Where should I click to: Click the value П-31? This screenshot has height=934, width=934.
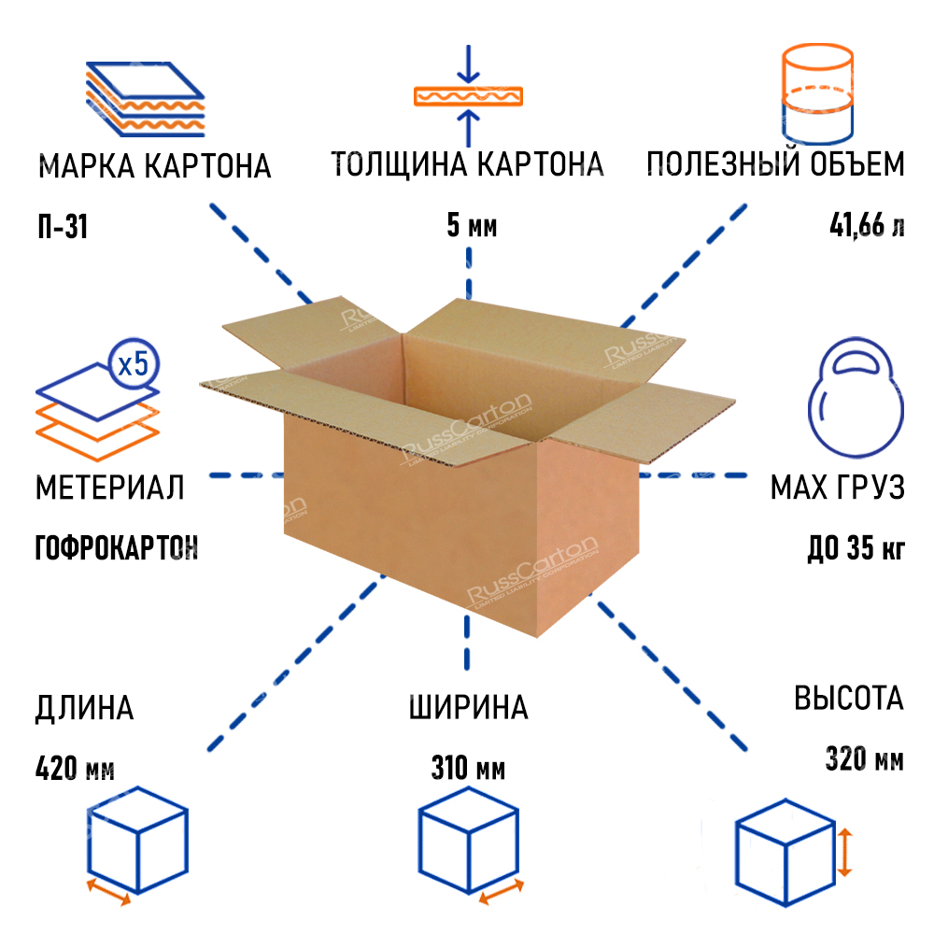pyautogui.click(x=62, y=227)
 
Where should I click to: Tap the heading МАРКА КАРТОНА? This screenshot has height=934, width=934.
pyautogui.click(x=154, y=166)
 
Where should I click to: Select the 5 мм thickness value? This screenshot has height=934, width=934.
pyautogui.click(x=467, y=227)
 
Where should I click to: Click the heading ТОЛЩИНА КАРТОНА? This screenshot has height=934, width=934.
pyautogui.click(x=467, y=164)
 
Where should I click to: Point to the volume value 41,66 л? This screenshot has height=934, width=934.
pyautogui.click(x=866, y=226)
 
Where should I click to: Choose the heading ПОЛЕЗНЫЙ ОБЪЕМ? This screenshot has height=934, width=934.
pyautogui.click(x=775, y=164)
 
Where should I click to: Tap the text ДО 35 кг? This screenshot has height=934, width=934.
pyautogui.click(x=856, y=547)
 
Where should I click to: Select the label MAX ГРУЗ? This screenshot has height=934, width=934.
pyautogui.click(x=837, y=487)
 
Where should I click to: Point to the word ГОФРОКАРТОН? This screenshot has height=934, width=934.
pyautogui.click(x=117, y=547)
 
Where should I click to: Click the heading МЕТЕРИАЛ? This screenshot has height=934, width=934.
pyautogui.click(x=109, y=487)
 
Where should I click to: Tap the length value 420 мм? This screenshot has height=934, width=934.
pyautogui.click(x=75, y=770)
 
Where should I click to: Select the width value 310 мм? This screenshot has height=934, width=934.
pyautogui.click(x=468, y=770)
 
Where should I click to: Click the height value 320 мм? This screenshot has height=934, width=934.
pyautogui.click(x=865, y=758)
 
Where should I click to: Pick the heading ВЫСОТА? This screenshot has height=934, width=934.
pyautogui.click(x=849, y=699)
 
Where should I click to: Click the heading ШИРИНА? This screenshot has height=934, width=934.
pyautogui.click(x=468, y=707)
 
